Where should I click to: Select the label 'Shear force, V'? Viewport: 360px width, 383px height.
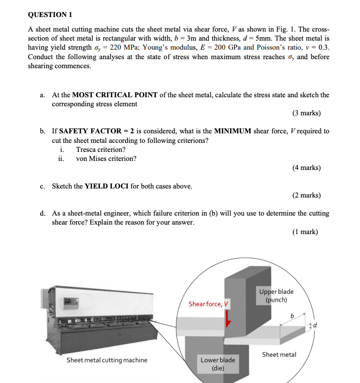point(208,304)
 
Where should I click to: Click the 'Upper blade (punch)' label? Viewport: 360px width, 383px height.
point(276,296)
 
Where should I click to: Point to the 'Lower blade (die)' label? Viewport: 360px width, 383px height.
point(218,364)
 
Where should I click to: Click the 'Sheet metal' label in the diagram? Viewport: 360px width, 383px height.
point(279,354)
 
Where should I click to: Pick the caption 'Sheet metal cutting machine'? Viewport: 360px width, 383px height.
point(107,360)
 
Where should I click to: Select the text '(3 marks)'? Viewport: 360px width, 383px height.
point(306,113)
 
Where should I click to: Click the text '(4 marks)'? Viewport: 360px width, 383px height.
point(306,168)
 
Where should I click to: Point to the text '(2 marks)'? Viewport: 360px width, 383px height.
point(306,195)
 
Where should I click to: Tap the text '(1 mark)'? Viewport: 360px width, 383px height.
point(305,232)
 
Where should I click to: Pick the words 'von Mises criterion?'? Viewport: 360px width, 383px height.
point(106,158)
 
